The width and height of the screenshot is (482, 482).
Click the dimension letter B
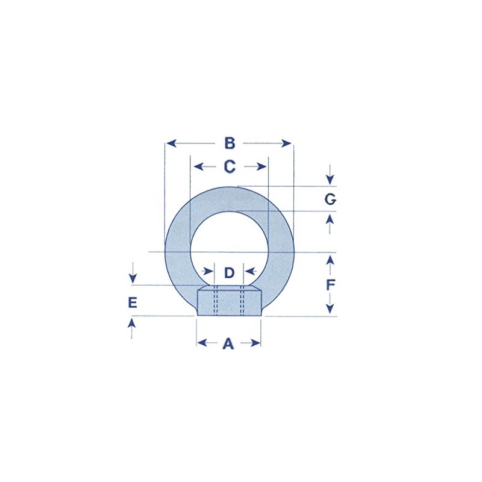230,143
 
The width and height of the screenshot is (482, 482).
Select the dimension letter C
230,166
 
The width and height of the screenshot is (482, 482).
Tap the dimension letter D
229,273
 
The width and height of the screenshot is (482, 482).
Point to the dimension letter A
228,343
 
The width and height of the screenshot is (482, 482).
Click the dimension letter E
133,302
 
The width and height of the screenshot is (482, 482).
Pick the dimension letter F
330,284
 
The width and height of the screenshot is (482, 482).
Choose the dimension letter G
330,199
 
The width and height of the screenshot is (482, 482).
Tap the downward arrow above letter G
329,179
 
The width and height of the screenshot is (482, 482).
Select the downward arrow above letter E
133,278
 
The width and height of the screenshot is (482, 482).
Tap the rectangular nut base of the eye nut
229,301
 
